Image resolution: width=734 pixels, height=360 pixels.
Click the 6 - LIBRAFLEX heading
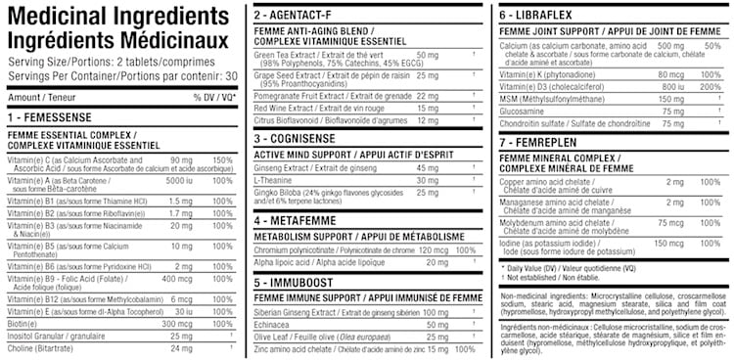pos(539,17)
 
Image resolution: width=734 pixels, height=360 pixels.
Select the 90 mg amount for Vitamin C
pos(181,159)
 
